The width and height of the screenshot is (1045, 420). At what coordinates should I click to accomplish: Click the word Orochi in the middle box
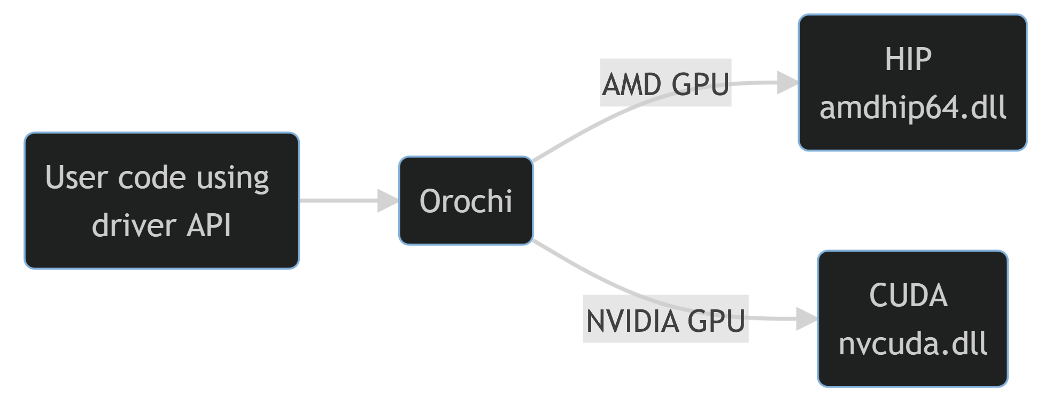tap(466, 201)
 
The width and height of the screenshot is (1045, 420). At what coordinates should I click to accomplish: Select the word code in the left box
tap(151, 177)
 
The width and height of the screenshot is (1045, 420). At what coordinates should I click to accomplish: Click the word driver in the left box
tap(134, 225)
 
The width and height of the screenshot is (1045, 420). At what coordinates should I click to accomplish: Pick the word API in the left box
tap(208, 225)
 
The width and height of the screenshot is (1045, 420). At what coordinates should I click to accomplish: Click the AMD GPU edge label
tap(665, 83)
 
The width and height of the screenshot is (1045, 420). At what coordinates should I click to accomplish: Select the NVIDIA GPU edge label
tap(665, 320)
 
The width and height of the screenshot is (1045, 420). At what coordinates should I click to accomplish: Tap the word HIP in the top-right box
tap(908, 59)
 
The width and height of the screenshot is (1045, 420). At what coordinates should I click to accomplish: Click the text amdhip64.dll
tap(912, 107)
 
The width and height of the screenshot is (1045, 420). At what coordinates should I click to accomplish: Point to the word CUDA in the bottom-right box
tap(908, 295)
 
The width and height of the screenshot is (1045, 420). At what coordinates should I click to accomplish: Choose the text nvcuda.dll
tap(912, 344)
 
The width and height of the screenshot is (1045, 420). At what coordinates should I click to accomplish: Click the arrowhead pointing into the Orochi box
tap(388, 201)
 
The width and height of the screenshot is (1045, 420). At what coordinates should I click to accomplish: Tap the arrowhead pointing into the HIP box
tap(787, 83)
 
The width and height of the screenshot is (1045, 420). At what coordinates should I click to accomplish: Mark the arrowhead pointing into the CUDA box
tap(806, 319)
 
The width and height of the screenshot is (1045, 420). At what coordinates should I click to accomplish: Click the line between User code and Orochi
tap(337, 201)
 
